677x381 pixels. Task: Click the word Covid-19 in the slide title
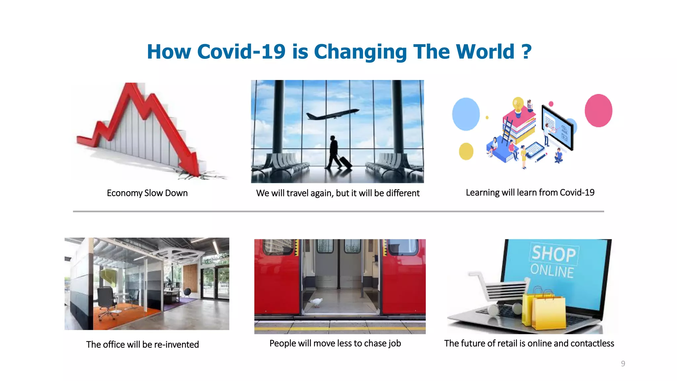(x=241, y=52)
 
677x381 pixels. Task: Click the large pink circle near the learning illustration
(x=598, y=110)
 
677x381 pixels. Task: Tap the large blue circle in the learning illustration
(x=466, y=114)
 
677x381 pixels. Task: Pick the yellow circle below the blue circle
(x=466, y=151)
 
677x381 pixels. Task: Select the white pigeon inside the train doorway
(x=316, y=302)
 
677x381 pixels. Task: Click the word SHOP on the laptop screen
(x=554, y=254)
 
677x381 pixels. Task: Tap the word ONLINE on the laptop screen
(x=552, y=271)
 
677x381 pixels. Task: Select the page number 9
(x=623, y=363)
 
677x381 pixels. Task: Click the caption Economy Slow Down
(x=147, y=193)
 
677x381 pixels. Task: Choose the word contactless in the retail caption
(x=592, y=344)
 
